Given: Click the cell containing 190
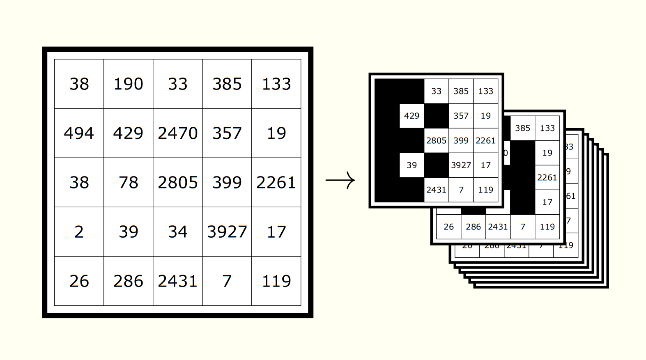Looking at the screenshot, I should (x=128, y=84).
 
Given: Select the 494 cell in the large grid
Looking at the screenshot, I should (x=79, y=133).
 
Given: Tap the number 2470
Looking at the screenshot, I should (x=177, y=133).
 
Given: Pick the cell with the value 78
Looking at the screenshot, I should (x=128, y=182).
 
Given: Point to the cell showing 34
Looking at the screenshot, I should (x=177, y=232).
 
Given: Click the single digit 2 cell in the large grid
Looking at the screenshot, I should (x=79, y=232).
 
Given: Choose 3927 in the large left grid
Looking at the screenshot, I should (x=227, y=232).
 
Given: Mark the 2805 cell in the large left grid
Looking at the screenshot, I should (x=177, y=182).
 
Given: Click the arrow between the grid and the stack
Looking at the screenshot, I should (x=340, y=180).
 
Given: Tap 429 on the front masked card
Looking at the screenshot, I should (x=412, y=116).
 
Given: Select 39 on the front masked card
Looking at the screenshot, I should (x=412, y=165).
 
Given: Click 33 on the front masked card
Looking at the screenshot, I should (x=436, y=91).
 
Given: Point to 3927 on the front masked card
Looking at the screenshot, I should (x=461, y=165).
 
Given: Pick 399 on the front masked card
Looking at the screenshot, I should (x=461, y=140).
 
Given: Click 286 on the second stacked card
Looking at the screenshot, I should (x=473, y=227).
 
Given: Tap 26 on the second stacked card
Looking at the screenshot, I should (x=448, y=227).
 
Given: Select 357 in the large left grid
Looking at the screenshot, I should (x=227, y=133).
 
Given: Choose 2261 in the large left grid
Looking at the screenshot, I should (x=276, y=182).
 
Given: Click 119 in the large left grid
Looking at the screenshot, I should (x=276, y=281).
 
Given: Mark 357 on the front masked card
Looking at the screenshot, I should (x=461, y=116).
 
